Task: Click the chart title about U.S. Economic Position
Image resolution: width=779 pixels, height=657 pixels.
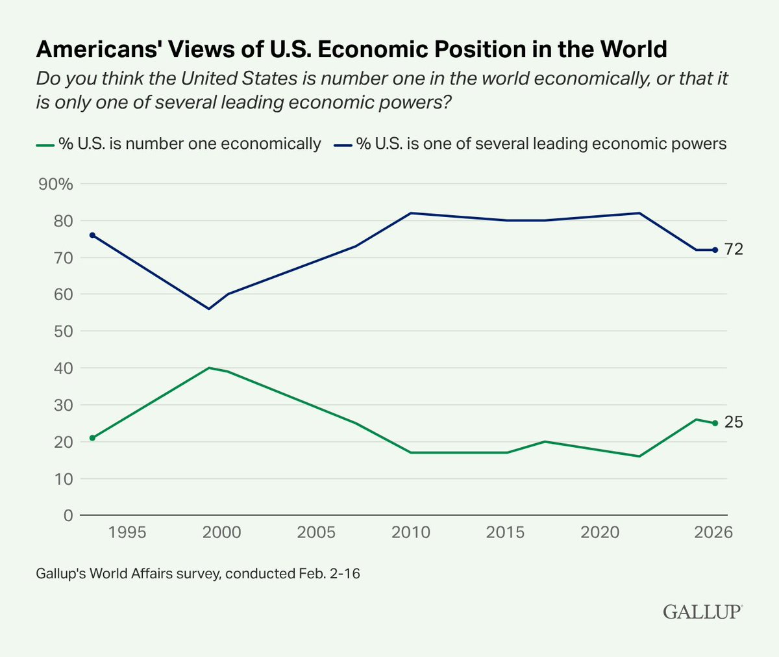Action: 351,49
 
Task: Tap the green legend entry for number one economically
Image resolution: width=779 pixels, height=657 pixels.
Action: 179,144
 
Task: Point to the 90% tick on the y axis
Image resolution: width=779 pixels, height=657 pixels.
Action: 56,184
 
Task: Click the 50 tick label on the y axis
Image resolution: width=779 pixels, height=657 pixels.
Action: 64,331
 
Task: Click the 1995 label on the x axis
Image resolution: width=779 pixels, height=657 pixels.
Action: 127,532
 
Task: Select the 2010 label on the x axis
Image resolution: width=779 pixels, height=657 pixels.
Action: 411,532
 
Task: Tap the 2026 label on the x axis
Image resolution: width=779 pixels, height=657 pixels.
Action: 713,532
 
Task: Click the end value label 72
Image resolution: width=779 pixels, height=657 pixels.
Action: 734,250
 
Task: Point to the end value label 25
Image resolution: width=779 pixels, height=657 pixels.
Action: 734,422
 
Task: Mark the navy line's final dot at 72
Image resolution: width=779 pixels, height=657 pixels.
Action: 715,250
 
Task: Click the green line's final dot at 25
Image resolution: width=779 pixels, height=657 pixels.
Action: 715,423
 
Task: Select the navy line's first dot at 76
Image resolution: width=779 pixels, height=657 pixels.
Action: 92,235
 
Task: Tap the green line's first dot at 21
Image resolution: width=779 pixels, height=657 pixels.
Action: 92,438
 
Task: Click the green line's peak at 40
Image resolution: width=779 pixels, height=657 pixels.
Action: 208,368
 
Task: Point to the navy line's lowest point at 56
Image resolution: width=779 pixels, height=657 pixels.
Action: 208,309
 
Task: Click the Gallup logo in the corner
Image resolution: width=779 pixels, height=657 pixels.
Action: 702,612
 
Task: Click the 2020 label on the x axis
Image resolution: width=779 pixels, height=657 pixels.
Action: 600,532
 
